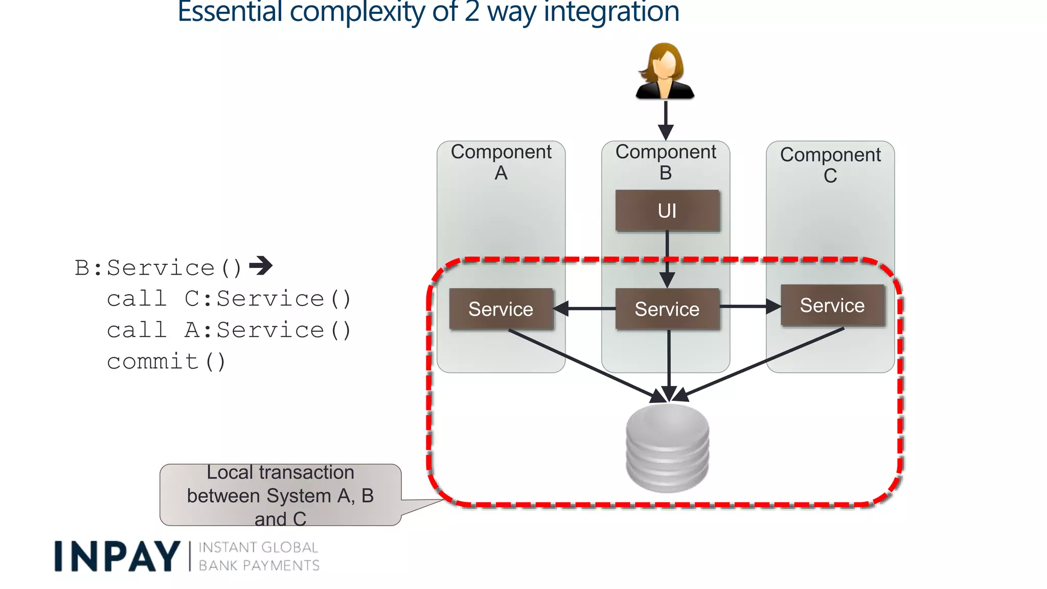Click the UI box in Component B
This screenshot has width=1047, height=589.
[667, 211]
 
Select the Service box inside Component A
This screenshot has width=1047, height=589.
[501, 309]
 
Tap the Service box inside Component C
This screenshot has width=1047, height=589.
[832, 305]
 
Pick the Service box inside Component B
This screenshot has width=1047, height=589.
[667, 309]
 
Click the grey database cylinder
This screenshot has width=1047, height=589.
[667, 448]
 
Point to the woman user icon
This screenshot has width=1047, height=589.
[665, 72]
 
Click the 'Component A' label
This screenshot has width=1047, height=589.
[501, 162]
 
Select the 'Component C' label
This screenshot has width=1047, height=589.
[830, 165]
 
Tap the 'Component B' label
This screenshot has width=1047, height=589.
[666, 162]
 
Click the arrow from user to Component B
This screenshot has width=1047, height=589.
[665, 120]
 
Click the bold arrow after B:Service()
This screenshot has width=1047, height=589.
[261, 265]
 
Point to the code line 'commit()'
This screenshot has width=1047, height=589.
[166, 361]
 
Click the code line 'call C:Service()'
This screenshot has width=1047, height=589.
[229, 299]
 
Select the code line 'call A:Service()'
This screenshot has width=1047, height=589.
[229, 330]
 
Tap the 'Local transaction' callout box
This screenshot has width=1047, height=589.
[280, 495]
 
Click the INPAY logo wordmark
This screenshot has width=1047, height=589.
[117, 556]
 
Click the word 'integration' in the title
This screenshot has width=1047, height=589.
[611, 12]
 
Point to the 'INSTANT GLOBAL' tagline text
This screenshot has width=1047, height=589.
[258, 547]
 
